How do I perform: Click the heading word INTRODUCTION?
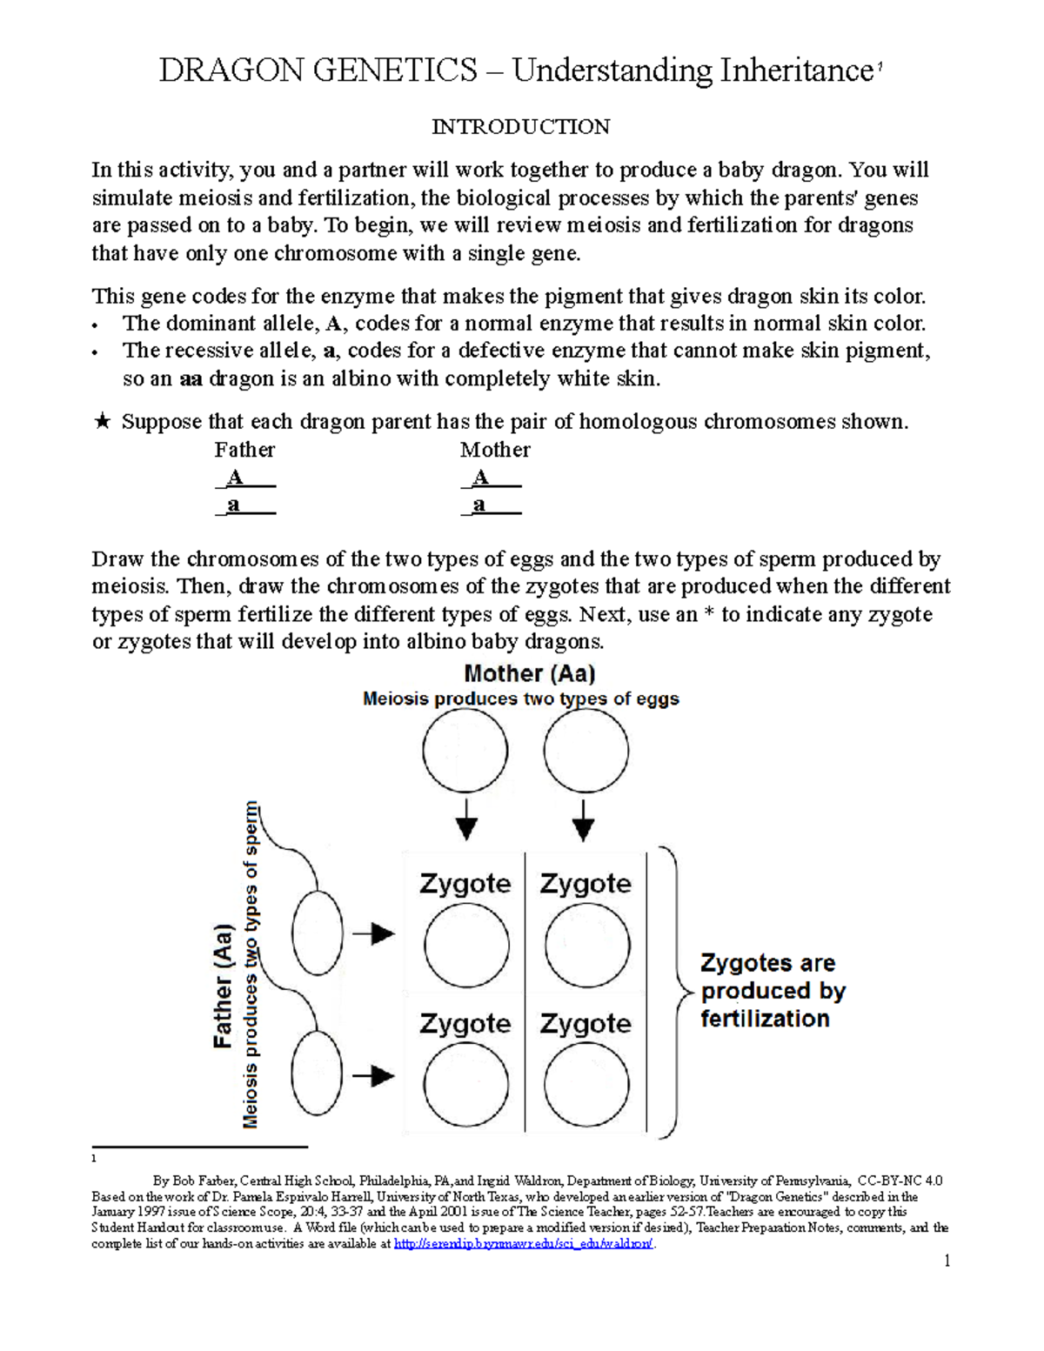[x=521, y=127]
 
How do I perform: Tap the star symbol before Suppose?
[x=103, y=422]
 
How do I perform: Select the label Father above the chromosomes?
[x=244, y=450]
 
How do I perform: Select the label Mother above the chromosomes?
[x=495, y=450]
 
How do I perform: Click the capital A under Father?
[x=235, y=478]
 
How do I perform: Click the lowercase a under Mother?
[x=479, y=505]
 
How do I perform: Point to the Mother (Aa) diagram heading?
[x=529, y=673]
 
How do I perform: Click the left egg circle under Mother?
[x=465, y=751]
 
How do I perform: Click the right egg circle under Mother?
[x=586, y=751]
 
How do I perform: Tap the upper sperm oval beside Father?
[x=317, y=933]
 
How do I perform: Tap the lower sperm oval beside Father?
[x=317, y=1073]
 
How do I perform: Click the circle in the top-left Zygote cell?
[x=466, y=946]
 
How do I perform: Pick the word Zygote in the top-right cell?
[x=586, y=884]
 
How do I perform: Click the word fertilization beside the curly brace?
[x=765, y=1019]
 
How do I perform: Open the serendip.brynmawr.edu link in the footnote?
[x=523, y=1244]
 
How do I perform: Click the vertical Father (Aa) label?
[x=224, y=986]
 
